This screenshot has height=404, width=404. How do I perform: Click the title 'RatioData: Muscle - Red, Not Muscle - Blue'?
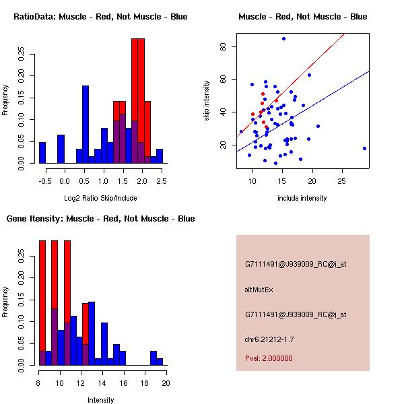[100, 16]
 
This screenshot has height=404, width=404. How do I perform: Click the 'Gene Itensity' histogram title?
[100, 218]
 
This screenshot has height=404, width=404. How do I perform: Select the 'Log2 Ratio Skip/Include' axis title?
[100, 198]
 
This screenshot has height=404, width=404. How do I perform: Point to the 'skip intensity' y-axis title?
[207, 101]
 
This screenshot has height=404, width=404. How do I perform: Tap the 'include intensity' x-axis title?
[302, 198]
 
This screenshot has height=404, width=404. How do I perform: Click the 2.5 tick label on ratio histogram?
[160, 182]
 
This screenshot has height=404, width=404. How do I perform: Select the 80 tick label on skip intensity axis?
[223, 46]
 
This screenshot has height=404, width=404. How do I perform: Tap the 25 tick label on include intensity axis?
[342, 182]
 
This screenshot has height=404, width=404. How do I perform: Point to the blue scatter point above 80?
[283, 38]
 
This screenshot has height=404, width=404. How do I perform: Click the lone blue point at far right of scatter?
[364, 148]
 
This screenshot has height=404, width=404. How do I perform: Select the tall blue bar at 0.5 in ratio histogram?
[86, 125]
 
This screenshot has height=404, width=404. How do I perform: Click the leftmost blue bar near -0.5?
[42, 153]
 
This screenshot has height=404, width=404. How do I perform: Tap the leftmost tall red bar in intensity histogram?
[42, 303]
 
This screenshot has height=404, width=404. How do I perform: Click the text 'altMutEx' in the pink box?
[259, 290]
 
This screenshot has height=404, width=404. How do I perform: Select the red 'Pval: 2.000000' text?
[269, 358]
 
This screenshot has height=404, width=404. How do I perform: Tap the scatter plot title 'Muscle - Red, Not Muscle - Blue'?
[302, 16]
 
